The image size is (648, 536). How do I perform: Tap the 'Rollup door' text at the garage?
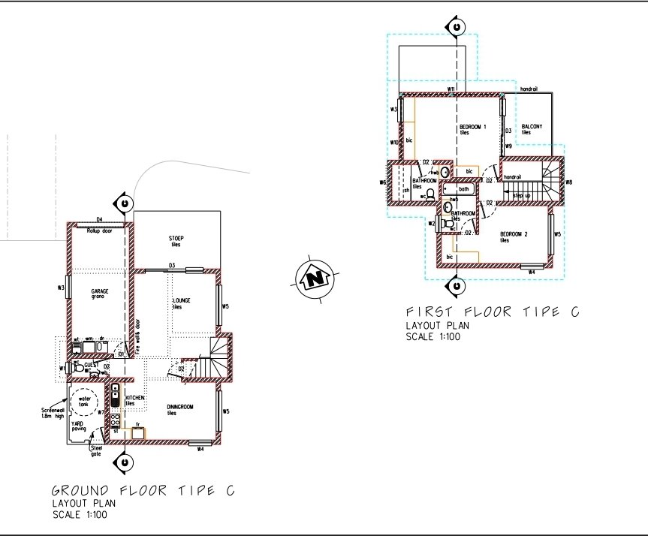(99, 230)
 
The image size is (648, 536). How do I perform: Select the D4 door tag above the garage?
(98, 220)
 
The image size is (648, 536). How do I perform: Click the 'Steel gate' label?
(96, 450)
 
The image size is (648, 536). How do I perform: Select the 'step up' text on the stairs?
(523, 195)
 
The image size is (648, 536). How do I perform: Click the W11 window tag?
(451, 89)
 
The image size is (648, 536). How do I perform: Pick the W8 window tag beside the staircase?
(568, 182)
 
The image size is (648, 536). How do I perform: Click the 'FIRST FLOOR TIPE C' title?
(492, 312)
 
